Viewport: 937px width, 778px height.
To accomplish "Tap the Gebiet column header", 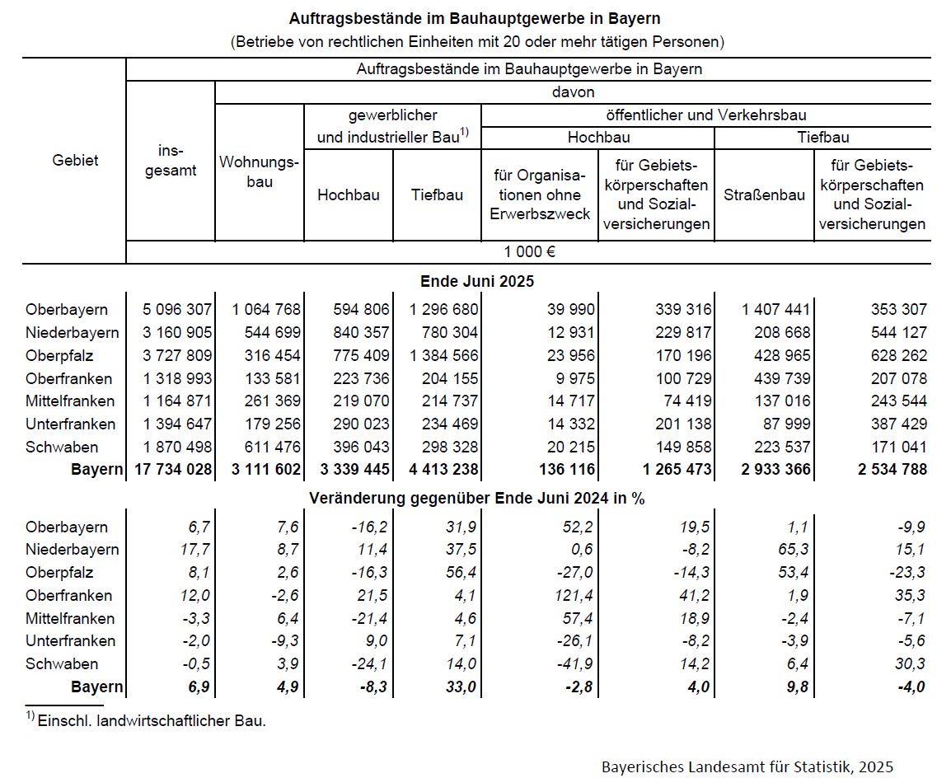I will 75,160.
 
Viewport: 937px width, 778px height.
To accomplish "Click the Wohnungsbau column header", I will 260,171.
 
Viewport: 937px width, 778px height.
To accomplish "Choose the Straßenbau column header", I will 764,195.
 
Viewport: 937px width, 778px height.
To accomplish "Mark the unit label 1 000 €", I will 529,252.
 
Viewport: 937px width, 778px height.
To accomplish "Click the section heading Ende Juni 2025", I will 477,281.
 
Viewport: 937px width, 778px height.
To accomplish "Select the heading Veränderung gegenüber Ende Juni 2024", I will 477,499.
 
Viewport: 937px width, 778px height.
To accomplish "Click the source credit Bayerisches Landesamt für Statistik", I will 747,766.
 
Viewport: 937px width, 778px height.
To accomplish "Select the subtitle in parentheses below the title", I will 477,40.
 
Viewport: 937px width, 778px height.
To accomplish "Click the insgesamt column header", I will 171,161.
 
